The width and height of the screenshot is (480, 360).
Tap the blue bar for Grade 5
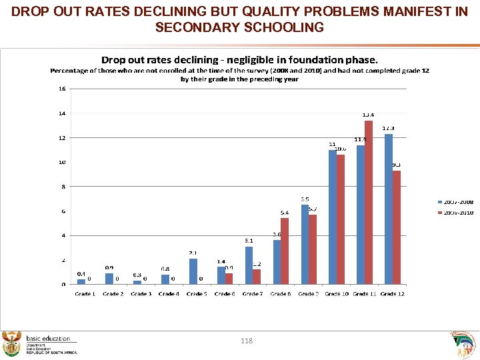193,271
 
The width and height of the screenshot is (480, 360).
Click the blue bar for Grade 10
333,217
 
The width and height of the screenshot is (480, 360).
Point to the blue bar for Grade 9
305,244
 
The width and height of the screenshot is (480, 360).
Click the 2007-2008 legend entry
457,201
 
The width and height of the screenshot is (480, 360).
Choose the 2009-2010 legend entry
457,213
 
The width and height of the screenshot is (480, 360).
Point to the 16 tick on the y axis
61,89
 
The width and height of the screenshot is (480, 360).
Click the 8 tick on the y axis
63,187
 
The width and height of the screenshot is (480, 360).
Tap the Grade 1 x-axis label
85,294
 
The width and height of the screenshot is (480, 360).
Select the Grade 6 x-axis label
225,294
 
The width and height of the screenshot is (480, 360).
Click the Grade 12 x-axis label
393,294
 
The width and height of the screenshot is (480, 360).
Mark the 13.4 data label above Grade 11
368,114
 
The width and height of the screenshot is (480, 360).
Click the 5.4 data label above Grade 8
284,213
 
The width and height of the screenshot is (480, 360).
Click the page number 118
247,341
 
